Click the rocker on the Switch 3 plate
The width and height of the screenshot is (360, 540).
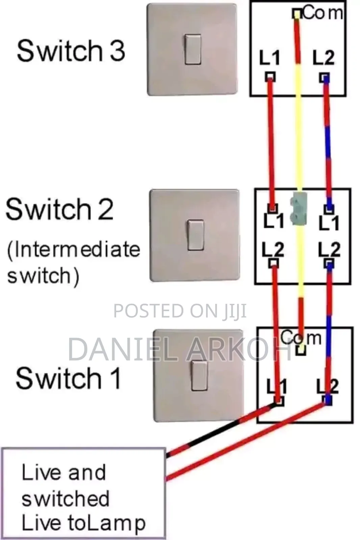pos(193,49)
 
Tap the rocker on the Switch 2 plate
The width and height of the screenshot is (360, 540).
pos(196,235)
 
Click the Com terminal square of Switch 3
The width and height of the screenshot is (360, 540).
pos(297,13)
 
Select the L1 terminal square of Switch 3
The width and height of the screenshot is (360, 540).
pos(270,77)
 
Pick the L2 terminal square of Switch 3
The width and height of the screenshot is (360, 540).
pos(325,78)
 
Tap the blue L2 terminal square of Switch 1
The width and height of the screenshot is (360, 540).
pos(328,401)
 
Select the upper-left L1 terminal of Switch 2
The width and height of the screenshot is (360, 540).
pos(273,208)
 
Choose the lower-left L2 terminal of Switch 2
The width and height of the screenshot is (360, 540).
pos(274,263)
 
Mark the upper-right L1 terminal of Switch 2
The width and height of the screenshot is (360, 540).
pos(329,209)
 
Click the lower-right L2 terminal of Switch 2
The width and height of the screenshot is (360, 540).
pos(329,264)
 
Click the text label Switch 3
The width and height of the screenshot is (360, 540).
pos(71,51)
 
